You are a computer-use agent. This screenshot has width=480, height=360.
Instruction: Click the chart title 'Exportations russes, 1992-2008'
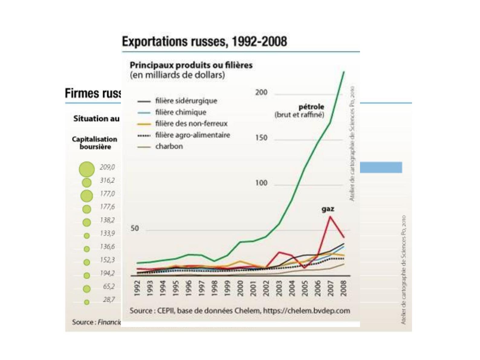pos(204,41)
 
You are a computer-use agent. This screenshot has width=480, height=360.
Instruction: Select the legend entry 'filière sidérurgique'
pos(186,101)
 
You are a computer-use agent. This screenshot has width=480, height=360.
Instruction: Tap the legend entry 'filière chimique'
pos(180,112)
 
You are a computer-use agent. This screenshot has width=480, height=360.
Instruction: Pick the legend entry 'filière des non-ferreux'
pos(191,123)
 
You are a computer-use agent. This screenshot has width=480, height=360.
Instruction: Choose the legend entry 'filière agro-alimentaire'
pos(192,135)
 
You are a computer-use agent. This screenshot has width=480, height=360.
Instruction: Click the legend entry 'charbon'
pos(169,146)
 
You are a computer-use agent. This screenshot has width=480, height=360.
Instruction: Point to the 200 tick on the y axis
pos(261,92)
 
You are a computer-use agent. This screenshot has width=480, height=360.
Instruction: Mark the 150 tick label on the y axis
pos(261,138)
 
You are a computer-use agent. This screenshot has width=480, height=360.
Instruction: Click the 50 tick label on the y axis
pos(135,228)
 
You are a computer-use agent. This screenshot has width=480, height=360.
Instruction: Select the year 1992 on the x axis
pos(137,288)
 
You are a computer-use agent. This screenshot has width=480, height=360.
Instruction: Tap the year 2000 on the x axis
pos(240,288)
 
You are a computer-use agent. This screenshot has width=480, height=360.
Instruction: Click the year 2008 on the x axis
pos(343,288)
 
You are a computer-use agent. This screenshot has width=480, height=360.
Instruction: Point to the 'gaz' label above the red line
pos(328,209)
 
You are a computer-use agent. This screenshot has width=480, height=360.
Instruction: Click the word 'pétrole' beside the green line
pos(311,107)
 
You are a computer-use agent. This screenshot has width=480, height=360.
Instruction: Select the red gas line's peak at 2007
pos(330,217)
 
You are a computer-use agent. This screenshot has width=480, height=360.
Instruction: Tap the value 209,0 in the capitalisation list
pos(107,167)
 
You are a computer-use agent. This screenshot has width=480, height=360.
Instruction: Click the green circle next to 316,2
pos(87,182)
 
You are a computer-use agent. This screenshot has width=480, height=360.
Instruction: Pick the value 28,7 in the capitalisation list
pos(109,299)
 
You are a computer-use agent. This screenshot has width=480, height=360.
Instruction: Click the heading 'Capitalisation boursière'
pos(95,143)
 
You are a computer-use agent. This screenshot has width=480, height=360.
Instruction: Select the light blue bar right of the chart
pos(381,167)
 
